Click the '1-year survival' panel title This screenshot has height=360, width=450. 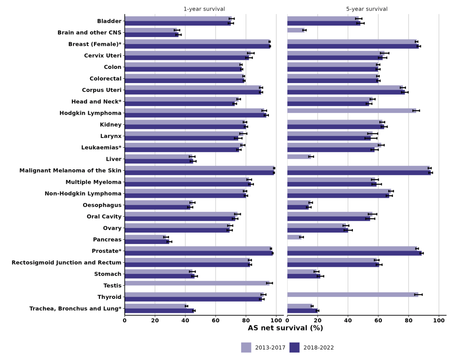(x=204, y=9)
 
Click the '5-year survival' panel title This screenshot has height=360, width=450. (x=367, y=9)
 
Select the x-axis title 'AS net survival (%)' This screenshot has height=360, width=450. (x=285, y=328)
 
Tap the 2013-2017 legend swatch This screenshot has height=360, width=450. (x=246, y=348)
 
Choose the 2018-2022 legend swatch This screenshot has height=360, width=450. (x=294, y=348)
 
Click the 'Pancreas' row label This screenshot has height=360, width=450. (x=107, y=240)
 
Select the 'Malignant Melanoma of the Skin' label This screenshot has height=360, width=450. (x=70, y=171)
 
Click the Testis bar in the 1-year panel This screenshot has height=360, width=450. (x=197, y=283)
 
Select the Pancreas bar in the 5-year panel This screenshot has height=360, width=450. (x=294, y=237)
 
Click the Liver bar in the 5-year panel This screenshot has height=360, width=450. (x=299, y=156)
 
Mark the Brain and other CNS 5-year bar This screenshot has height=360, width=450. (x=295, y=30)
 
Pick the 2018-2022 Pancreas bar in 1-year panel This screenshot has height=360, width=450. (x=147, y=242)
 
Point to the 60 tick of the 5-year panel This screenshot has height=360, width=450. (x=378, y=320)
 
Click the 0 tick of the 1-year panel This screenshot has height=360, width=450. (x=125, y=320)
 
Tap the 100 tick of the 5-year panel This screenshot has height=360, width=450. (x=439, y=320)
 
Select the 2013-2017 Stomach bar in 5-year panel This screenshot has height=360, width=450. (x=302, y=272)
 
